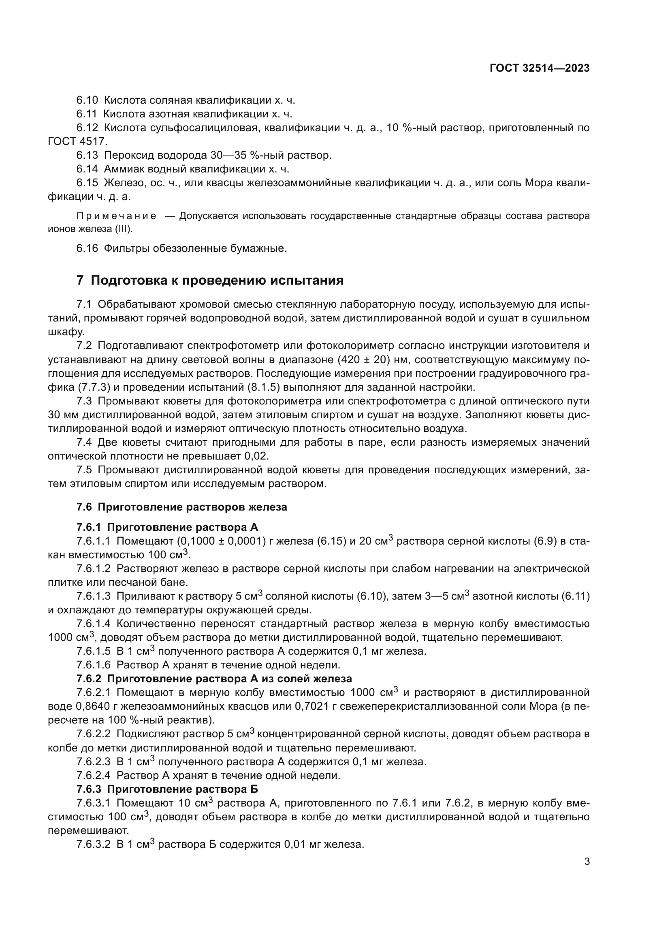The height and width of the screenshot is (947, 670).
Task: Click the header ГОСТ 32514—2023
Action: (539, 68)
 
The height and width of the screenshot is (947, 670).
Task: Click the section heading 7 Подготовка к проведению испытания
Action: (210, 281)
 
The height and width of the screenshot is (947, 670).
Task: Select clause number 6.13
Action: (87, 155)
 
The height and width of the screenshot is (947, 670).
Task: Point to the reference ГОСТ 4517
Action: (77, 141)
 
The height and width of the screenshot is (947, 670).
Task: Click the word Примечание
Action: (116, 216)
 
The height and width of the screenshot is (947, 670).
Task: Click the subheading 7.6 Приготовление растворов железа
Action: (181, 507)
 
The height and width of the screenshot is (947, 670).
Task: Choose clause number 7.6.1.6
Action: (93, 665)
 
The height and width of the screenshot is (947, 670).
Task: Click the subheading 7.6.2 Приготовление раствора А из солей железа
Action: (214, 679)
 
